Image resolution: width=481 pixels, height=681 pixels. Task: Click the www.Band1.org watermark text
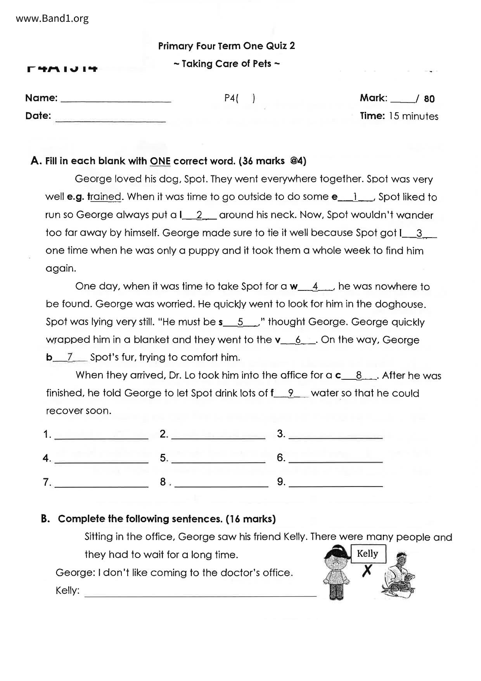click(52, 18)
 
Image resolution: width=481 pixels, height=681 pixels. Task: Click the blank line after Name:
click(116, 100)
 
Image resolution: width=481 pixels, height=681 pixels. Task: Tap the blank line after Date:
click(111, 120)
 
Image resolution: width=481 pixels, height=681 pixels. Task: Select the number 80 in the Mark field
click(429, 99)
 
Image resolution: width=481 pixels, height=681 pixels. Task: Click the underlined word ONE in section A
click(160, 161)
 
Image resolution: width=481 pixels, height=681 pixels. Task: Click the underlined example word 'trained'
click(105, 197)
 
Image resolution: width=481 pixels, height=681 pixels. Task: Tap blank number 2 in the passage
click(199, 215)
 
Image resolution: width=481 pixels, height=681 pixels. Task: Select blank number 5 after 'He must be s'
click(240, 322)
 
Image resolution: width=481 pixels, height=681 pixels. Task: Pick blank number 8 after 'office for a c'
click(359, 376)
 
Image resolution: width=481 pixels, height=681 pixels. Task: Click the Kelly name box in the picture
click(367, 554)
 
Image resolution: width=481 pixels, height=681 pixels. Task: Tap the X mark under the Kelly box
click(367, 570)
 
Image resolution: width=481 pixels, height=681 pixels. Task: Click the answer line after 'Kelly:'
click(200, 594)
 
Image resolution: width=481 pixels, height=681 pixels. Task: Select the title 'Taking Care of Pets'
click(227, 64)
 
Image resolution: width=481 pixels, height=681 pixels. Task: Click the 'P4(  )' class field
click(239, 98)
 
